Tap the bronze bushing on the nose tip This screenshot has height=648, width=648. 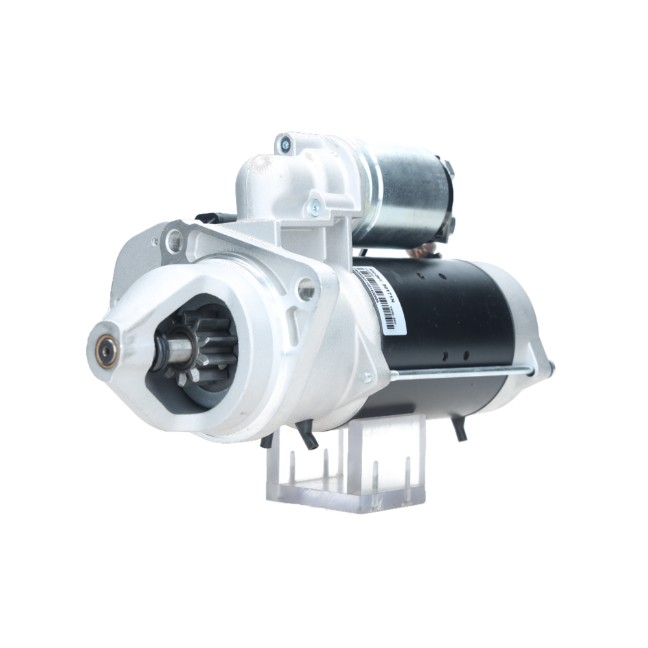pos(106,352)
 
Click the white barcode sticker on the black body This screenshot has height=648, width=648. pos(382,299)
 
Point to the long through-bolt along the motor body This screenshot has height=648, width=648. pos(460,373)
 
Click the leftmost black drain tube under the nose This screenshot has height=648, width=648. pos(266,441)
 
